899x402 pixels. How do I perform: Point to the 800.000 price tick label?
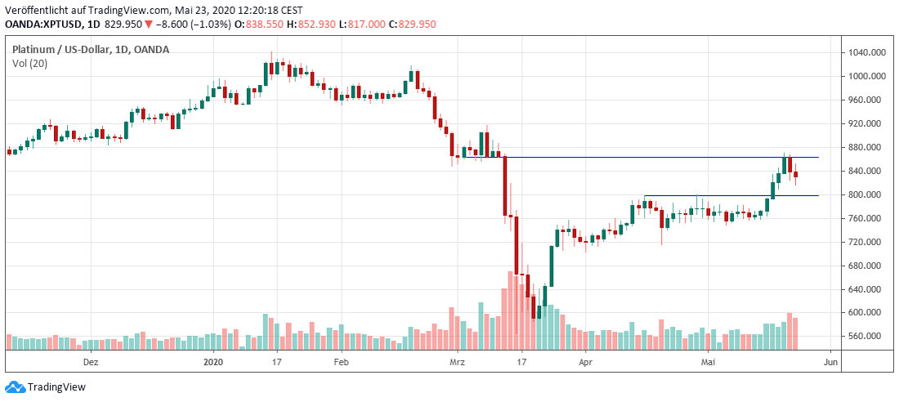(867, 194)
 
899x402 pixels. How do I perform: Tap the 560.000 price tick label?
(867, 336)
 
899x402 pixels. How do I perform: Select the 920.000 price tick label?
(867, 123)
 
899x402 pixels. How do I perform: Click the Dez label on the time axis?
(92, 360)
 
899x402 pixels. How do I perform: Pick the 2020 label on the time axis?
(212, 360)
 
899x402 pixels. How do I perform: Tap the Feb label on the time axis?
(342, 360)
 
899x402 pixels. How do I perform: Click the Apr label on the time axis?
(584, 360)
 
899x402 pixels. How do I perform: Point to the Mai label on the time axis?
(709, 360)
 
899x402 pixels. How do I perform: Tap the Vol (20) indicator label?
(29, 64)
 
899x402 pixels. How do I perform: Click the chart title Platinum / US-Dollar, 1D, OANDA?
(91, 50)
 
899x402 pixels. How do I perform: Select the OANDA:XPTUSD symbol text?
(41, 25)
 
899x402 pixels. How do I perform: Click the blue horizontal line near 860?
(654, 157)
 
